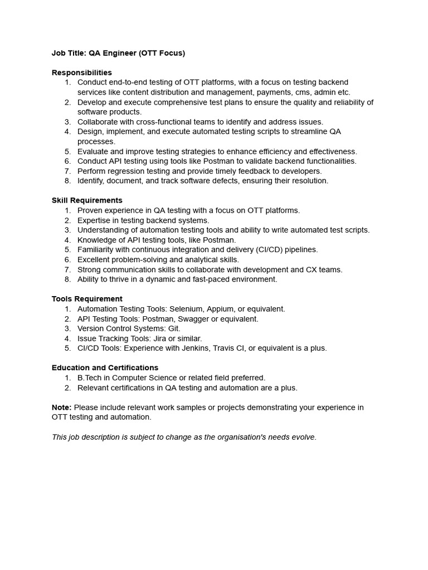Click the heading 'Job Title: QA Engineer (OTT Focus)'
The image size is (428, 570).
(118, 53)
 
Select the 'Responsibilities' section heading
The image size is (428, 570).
(82, 72)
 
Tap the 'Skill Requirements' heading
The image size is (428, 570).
(87, 200)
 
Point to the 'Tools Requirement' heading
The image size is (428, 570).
(87, 299)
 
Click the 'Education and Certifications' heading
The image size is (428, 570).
(105, 368)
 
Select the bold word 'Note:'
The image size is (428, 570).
(62, 407)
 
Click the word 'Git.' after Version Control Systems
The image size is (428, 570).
(173, 328)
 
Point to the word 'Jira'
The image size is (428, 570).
(162, 338)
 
